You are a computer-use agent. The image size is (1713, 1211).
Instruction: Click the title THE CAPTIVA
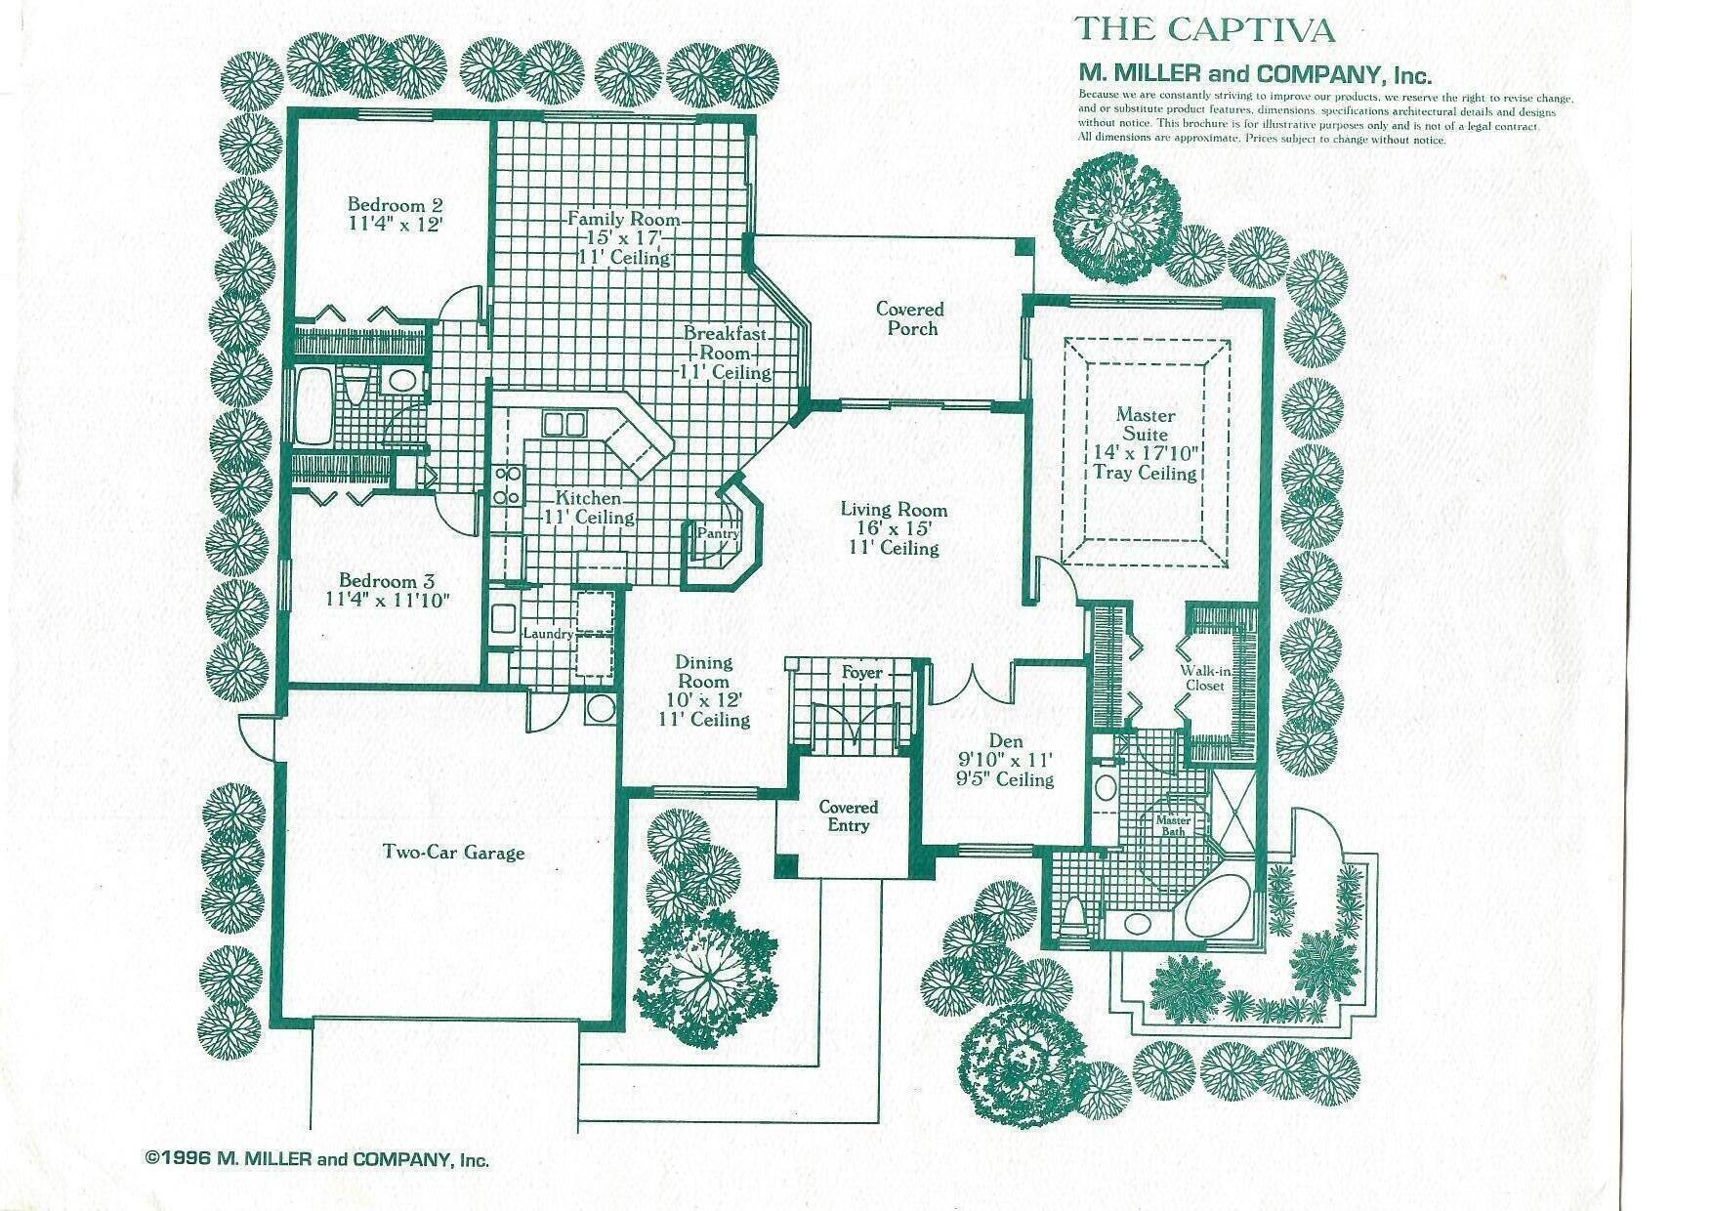[1204, 29]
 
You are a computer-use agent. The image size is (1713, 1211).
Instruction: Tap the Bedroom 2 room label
[396, 205]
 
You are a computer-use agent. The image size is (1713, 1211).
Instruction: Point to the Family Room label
[624, 219]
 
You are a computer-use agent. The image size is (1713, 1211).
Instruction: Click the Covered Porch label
[910, 318]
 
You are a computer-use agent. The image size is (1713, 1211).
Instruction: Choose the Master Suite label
[1145, 425]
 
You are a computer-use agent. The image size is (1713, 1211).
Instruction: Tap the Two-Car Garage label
[453, 853]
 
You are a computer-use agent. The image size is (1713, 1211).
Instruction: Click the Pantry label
[717, 534]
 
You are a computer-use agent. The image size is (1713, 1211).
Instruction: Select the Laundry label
[548, 634]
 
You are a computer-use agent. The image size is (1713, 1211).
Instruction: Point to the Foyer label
[861, 673]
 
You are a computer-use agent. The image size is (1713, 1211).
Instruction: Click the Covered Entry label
[848, 816]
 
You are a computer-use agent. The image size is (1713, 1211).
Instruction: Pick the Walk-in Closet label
[1205, 678]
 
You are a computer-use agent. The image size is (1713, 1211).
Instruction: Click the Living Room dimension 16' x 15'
[894, 528]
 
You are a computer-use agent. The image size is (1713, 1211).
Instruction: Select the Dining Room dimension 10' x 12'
[703, 700]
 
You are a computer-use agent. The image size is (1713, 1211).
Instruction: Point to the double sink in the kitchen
[564, 423]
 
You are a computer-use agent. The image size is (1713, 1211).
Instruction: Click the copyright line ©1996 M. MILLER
[316, 1160]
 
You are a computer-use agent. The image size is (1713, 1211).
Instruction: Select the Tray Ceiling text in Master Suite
[1145, 474]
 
